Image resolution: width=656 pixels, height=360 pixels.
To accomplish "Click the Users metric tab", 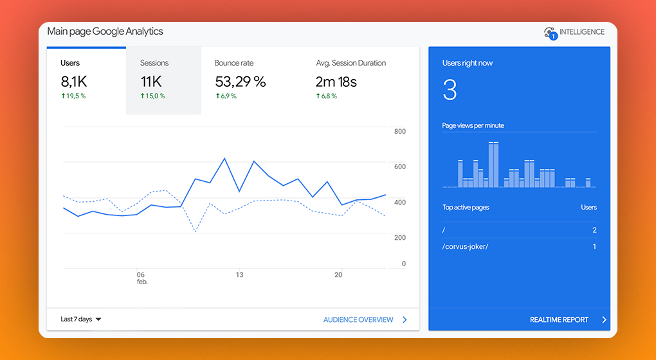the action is click(86, 80).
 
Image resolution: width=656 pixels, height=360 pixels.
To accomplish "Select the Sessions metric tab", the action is click(163, 80).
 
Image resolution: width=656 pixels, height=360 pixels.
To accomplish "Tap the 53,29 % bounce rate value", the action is click(241, 82).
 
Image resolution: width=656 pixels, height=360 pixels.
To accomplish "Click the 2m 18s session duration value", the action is click(336, 82).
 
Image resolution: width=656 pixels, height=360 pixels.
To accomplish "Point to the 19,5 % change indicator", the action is click(73, 96).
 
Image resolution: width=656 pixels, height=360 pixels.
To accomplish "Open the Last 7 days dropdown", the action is click(81, 319).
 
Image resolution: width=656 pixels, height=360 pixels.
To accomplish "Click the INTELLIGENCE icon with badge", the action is click(550, 33).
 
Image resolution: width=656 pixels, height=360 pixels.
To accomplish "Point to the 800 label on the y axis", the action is click(400, 131).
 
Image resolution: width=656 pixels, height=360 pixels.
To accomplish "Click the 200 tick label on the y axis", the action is click(400, 237).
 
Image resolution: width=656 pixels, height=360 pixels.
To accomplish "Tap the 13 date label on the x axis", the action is click(239, 274).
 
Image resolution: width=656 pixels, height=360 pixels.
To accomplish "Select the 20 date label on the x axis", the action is click(338, 274).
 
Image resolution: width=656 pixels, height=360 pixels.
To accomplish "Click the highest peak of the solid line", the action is click(224, 158).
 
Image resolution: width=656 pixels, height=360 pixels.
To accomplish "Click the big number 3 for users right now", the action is click(450, 90).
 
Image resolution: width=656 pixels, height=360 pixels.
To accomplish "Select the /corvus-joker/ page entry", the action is click(465, 247).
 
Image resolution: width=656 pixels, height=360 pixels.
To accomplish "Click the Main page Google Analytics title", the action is click(105, 32).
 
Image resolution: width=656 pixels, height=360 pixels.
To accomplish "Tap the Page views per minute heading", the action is click(473, 125).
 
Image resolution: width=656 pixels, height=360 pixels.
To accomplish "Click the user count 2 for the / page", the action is click(594, 230).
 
